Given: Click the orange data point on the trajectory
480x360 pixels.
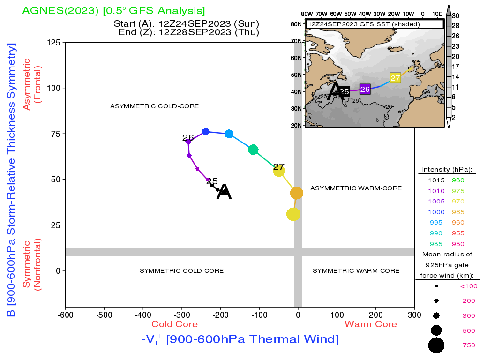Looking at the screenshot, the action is click(296, 193).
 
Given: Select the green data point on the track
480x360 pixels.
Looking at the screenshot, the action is click(253, 150).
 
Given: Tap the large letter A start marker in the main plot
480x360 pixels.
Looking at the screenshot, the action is click(224, 192).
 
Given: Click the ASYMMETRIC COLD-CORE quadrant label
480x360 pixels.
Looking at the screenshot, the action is click(154, 106).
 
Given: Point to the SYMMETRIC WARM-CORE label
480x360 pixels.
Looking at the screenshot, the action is click(356, 270).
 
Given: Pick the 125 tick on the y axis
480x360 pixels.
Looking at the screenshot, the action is click(53, 42).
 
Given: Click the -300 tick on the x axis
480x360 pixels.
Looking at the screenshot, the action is click(181, 315).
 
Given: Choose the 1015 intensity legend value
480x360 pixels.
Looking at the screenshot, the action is click(436, 180).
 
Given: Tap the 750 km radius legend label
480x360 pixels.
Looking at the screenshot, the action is click(469, 345).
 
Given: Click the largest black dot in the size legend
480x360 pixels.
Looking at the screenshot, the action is click(436, 345).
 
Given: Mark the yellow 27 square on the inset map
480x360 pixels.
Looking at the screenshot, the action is click(395, 78).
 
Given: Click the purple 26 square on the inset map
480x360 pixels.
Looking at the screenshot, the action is click(365, 89).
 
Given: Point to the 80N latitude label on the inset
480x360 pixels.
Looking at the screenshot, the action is click(296, 24).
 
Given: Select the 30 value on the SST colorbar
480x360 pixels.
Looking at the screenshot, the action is click(456, 16).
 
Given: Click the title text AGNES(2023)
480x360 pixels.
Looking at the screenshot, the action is click(60, 10).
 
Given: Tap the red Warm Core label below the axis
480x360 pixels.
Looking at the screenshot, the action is click(371, 324).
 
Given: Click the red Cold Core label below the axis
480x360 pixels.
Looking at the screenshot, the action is click(174, 324).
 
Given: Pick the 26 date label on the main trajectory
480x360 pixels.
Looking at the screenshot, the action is click(188, 137).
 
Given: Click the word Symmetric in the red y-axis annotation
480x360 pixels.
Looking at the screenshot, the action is click(27, 264).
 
